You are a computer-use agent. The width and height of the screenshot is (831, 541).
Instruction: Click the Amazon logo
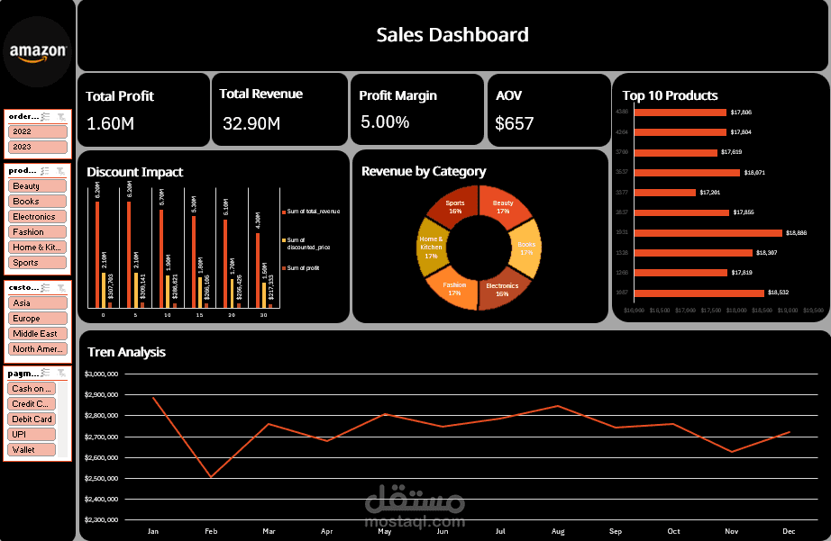[38, 52]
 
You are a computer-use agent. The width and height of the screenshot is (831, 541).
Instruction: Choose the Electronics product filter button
[37, 217]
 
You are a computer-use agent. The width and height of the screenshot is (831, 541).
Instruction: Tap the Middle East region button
[37, 334]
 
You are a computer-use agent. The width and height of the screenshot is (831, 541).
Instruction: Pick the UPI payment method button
[32, 434]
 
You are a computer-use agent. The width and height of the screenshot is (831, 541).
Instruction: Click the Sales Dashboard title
[452, 35]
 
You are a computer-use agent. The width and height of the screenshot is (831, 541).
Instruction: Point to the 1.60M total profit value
[111, 123]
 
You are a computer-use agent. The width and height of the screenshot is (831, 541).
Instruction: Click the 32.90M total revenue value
[251, 123]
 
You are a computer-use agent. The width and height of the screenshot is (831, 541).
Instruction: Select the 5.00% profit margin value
[385, 122]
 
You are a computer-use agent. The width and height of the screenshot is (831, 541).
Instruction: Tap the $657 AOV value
[515, 123]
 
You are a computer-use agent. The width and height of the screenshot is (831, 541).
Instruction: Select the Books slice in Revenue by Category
[526, 249]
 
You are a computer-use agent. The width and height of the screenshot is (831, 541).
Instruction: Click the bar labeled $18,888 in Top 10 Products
[708, 232]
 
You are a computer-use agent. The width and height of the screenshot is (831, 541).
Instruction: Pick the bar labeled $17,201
[665, 193]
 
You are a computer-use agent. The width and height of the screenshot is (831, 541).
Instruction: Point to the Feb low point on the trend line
[211, 477]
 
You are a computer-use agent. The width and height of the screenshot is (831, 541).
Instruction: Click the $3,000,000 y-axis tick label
[101, 374]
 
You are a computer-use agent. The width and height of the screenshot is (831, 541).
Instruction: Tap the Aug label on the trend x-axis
[558, 531]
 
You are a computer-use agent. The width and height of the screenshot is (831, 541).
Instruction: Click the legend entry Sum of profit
[304, 268]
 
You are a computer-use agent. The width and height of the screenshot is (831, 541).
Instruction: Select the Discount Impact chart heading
[134, 172]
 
